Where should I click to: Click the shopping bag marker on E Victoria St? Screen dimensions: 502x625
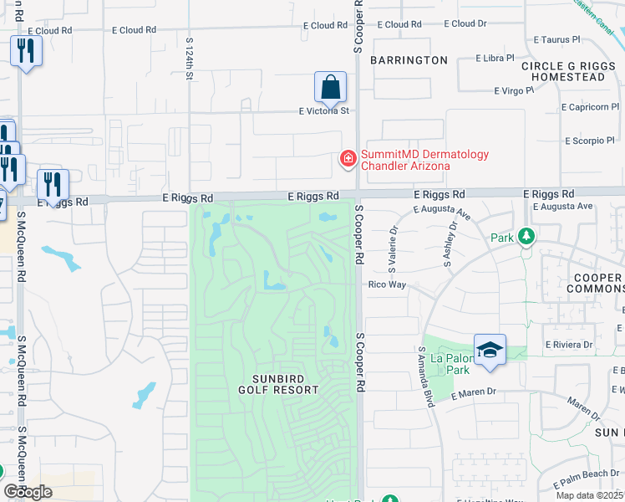point(330,87)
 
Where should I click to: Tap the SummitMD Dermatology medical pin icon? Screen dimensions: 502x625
point(347,158)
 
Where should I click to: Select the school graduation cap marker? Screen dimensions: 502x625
point(490,350)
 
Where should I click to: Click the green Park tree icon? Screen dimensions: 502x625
point(526,237)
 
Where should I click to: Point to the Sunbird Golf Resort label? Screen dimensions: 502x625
point(278,384)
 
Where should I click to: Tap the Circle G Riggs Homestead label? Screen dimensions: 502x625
point(562,71)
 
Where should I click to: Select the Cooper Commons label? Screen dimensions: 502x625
point(595,283)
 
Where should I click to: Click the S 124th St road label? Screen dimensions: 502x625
point(190,58)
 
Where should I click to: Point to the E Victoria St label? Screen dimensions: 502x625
point(323,110)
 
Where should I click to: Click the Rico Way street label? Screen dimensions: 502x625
point(387,285)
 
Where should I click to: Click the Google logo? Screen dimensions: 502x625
point(28,492)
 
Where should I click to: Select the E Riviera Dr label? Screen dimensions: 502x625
point(568,344)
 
